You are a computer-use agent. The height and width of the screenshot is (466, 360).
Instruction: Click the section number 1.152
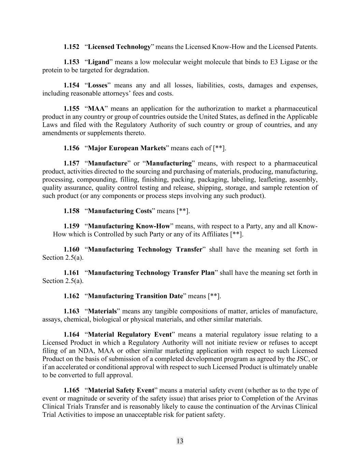(x=71, y=47)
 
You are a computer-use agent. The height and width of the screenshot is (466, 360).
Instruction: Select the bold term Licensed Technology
(x=119, y=47)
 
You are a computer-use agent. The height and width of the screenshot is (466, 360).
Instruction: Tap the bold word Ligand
(x=99, y=62)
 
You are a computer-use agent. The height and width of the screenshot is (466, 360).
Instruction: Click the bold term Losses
(x=98, y=85)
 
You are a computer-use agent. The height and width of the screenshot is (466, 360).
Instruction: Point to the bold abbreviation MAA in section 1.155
(x=96, y=109)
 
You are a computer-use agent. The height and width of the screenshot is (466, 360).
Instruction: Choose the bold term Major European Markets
(x=127, y=148)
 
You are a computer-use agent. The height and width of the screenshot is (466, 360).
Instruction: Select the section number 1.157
(x=71, y=163)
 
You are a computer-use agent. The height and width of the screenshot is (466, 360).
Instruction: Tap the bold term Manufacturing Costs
(x=120, y=211)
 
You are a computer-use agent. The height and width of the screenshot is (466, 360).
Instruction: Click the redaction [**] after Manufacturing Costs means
(x=183, y=211)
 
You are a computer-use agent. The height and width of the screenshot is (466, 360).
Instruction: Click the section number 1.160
(x=71, y=250)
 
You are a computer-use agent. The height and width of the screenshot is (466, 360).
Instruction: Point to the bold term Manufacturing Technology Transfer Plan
(x=151, y=273)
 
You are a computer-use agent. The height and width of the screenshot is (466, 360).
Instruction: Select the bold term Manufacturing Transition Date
(x=135, y=296)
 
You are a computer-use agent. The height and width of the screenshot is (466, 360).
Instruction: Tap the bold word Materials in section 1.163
(x=102, y=311)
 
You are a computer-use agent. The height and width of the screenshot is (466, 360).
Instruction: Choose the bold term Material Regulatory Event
(x=130, y=335)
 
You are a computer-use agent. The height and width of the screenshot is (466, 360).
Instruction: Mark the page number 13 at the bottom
(x=180, y=441)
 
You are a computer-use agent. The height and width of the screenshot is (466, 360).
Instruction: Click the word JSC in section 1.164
(x=306, y=359)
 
